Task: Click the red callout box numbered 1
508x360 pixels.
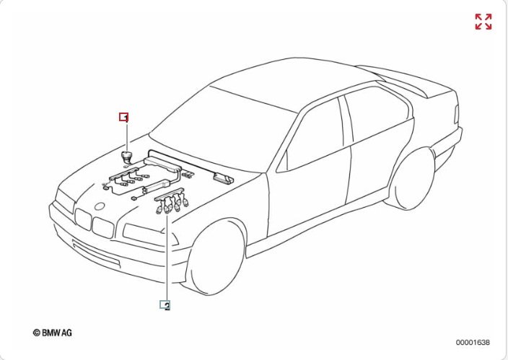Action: tap(124, 117)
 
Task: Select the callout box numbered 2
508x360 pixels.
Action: tap(165, 305)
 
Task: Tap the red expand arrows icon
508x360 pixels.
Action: tap(483, 22)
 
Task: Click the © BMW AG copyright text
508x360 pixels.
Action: tap(53, 333)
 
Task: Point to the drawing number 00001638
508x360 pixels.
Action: tap(473, 342)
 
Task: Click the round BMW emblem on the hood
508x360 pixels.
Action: tap(100, 206)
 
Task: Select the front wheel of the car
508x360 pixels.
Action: tap(216, 258)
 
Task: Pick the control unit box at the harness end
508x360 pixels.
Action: tap(223, 179)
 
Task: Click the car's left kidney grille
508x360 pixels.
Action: tap(83, 219)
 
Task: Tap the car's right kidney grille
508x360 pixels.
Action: tap(103, 227)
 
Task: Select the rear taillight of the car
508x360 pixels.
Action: tap(456, 114)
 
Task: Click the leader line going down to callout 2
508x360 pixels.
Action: tap(167, 258)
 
